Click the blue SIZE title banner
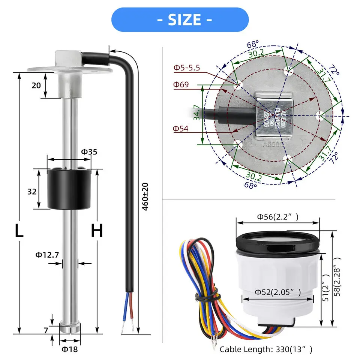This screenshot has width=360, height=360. [180, 19]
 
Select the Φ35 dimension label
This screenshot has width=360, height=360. [89, 152]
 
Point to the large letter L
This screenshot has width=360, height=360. [19, 231]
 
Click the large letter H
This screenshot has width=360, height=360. [97, 231]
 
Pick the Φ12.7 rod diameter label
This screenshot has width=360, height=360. [47, 255]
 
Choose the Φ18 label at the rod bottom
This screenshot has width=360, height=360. [70, 349]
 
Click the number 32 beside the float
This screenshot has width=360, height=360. [32, 192]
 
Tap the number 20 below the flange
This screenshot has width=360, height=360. [36, 85]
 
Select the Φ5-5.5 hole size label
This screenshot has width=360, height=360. [186, 68]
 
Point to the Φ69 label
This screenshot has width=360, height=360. [181, 84]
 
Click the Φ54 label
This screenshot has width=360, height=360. [181, 129]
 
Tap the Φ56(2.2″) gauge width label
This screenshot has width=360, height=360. [277, 216]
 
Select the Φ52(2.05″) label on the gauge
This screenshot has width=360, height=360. [278, 292]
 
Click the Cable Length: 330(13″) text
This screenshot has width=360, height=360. [265, 349]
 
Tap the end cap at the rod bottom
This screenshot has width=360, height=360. [70, 327]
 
